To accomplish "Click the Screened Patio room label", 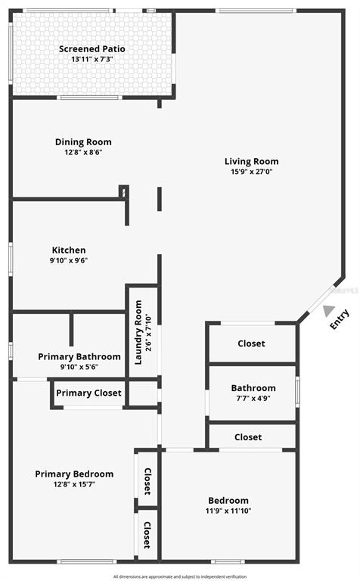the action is click(x=92, y=49).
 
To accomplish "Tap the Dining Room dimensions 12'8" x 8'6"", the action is click(x=83, y=152).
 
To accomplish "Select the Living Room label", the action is click(x=252, y=162).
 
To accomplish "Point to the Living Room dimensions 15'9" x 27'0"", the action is click(x=252, y=172).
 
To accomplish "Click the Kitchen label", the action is click(x=69, y=250).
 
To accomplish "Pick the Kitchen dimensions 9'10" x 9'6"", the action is click(x=69, y=260).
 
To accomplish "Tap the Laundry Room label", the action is click(x=138, y=332).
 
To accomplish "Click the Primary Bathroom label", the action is click(x=79, y=357).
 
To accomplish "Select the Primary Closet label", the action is click(x=88, y=393).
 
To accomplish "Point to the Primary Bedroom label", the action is click(x=74, y=474).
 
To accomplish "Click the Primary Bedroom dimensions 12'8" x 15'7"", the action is click(x=74, y=484).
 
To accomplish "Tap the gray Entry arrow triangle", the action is click(x=327, y=310).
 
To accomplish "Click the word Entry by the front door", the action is click(x=340, y=319).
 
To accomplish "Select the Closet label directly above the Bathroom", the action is click(x=251, y=343).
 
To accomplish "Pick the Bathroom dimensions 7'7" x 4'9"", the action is click(x=253, y=399).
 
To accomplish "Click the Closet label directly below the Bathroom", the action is click(x=248, y=437).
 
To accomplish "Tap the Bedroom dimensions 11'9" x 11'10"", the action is click(x=228, y=511).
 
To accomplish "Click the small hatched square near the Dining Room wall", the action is click(x=124, y=192).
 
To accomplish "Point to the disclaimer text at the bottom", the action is click(x=180, y=576).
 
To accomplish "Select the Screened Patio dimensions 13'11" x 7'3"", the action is click(x=92, y=59).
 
